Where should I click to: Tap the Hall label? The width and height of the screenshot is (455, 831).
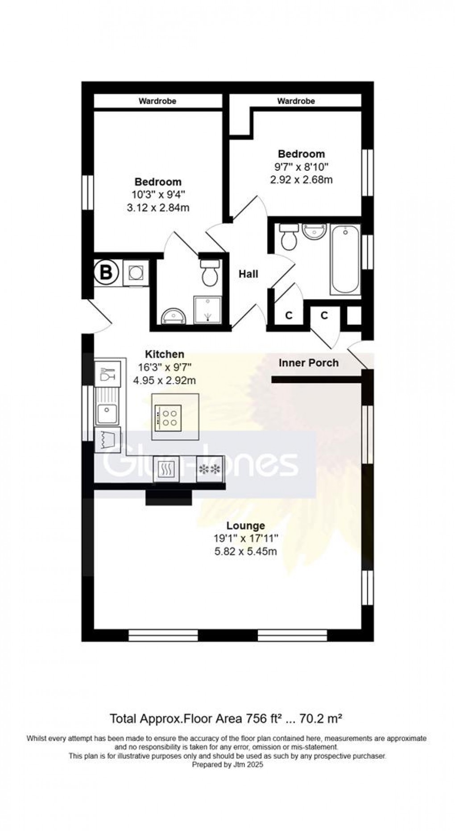pos(248,274)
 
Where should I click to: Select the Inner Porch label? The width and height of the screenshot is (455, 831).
pos(309,363)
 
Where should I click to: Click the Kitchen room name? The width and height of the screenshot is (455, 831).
pos(165,354)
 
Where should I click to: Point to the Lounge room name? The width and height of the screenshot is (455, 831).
pos(245,526)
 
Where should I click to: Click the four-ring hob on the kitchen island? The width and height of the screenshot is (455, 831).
pos(168,418)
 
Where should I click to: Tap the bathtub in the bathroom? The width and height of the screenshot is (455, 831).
pos(345,259)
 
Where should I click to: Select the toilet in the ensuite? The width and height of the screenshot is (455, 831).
pos(210,273)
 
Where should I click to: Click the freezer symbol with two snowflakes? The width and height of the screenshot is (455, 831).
pos(209,469)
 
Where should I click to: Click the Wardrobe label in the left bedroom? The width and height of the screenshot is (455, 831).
pos(157,101)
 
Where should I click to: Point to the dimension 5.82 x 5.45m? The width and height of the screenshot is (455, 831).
pos(245,551)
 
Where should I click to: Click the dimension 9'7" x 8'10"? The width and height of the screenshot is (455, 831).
pos(301,167)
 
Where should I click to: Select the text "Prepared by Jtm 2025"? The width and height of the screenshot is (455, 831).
pos(227,765)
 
